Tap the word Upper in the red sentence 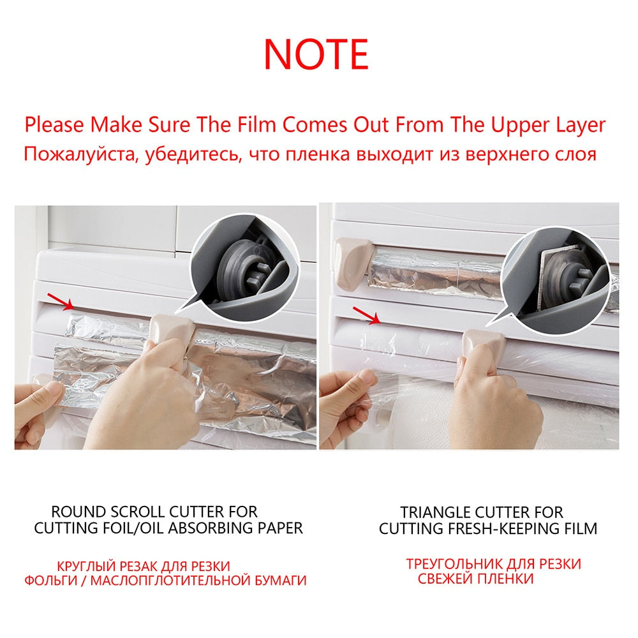pyautogui.click(x=521, y=124)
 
